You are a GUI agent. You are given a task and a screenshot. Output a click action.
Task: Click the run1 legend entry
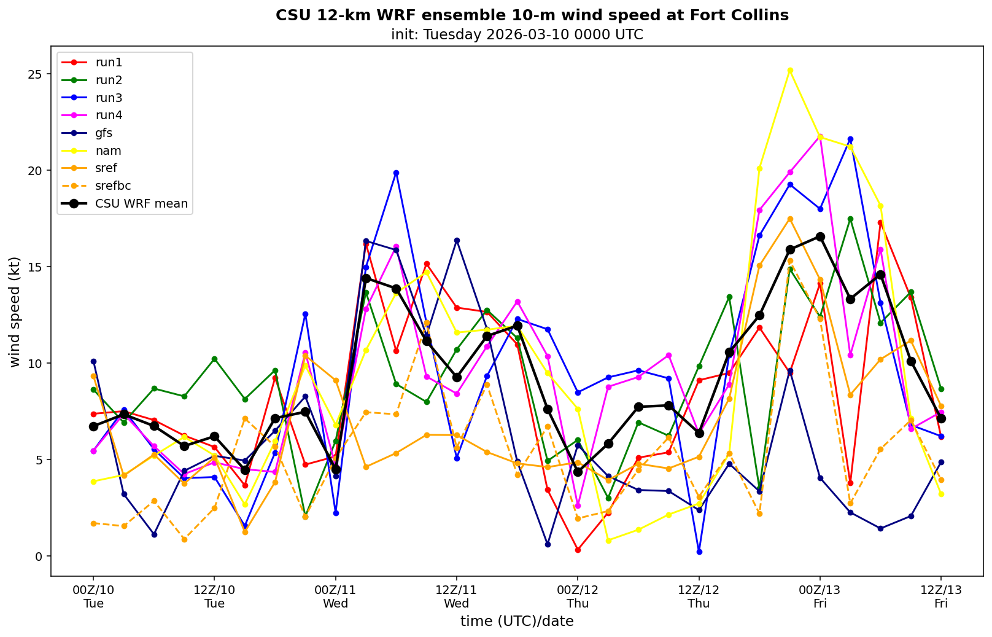109,63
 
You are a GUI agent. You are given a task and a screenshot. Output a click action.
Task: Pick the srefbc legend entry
113,186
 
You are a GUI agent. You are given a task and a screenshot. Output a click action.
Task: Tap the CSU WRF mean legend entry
141,204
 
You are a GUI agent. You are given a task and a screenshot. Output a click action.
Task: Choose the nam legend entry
108,151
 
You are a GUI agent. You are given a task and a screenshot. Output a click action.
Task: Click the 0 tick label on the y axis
39,557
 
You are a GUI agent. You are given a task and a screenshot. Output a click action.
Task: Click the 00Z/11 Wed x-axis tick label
335,596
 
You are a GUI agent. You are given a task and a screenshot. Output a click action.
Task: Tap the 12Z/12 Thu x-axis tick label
699,596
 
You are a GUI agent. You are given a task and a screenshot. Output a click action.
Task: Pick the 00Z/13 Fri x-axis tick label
820,596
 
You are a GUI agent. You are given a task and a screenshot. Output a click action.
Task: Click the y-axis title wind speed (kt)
15,312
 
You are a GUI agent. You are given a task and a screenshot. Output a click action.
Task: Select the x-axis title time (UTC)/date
517,622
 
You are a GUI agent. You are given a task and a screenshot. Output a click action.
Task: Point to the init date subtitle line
517,34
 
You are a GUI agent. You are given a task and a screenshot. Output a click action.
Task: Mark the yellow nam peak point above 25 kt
790,70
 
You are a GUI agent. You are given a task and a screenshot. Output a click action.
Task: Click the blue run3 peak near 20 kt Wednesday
396,173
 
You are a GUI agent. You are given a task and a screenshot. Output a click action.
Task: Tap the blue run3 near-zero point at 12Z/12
699,552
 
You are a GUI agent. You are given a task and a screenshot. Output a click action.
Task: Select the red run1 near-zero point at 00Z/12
578,550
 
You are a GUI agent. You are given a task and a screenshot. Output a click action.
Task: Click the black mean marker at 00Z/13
820,236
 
